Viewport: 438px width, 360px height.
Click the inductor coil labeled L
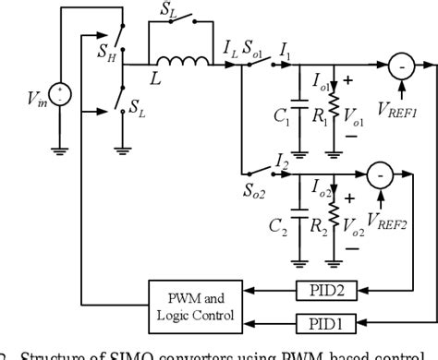192,64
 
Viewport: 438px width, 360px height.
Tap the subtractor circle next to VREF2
380,173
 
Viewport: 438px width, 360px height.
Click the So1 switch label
257,52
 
